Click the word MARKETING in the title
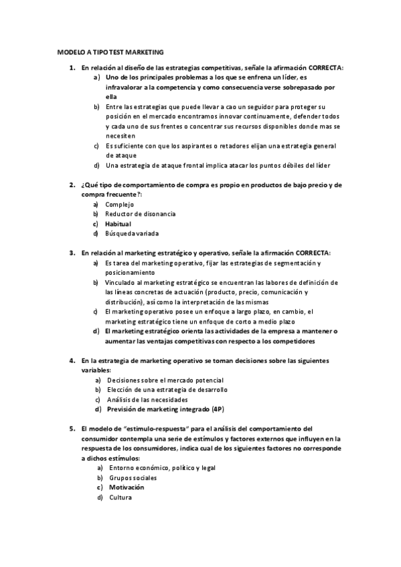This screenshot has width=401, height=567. pyautogui.click(x=145, y=51)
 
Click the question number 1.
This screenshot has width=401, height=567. pyautogui.click(x=72, y=68)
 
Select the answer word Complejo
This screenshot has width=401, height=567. pyautogui.click(x=120, y=204)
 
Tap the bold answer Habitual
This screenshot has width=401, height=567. pyautogui.click(x=118, y=223)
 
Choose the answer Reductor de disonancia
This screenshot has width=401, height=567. pyautogui.click(x=141, y=213)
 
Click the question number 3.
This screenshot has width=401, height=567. pyautogui.click(x=72, y=253)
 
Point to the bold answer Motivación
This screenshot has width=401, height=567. pyautogui.click(x=127, y=487)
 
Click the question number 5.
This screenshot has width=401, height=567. pyautogui.click(x=72, y=429)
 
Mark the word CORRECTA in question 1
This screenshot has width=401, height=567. pyautogui.click(x=318, y=68)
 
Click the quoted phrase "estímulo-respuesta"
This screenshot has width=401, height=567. pyautogui.click(x=153, y=429)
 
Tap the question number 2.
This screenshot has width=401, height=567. pyautogui.click(x=72, y=185)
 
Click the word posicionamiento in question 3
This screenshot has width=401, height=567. pyautogui.click(x=130, y=272)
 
